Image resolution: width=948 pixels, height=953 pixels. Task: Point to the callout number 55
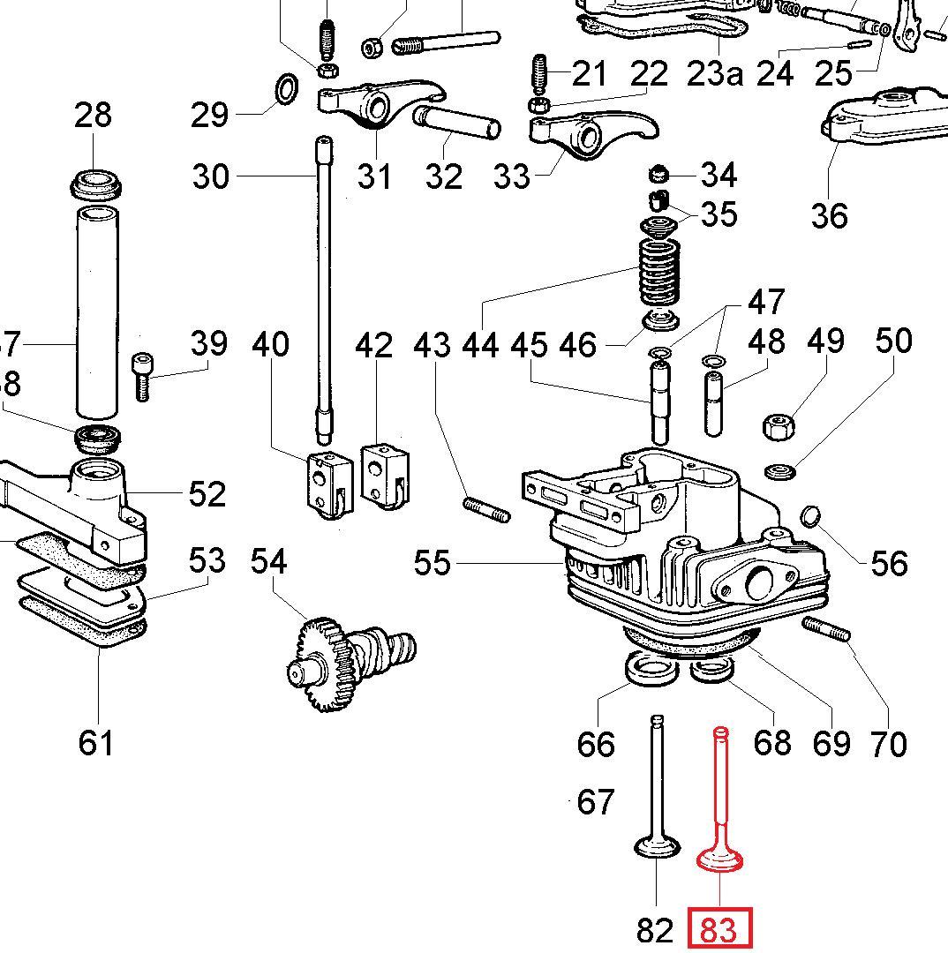432,562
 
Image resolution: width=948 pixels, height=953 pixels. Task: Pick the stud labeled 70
827,629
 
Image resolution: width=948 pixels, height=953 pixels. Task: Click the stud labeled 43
485,510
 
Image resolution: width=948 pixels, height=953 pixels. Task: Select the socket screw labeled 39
142,375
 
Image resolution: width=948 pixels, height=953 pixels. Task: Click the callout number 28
93,115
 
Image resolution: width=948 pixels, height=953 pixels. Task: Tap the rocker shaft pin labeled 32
456,124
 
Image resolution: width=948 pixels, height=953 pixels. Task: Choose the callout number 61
95,743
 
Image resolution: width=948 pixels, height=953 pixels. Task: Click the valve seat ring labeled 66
648,669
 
